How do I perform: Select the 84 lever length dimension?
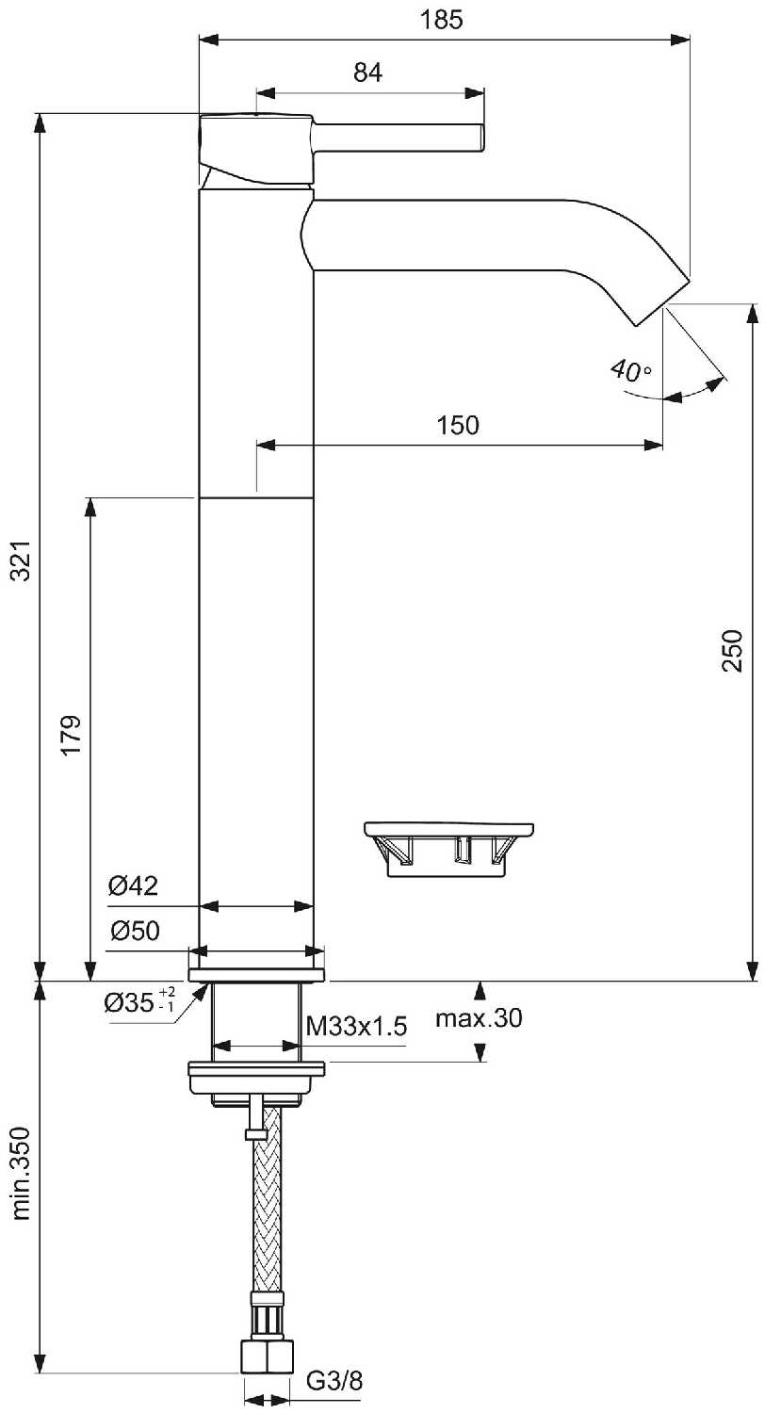[x=368, y=73]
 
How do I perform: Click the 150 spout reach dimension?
[x=459, y=425]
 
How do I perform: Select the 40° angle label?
[x=629, y=369]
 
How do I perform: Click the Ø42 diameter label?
[x=133, y=885]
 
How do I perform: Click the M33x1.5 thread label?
[x=357, y=1027]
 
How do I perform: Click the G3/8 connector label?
[x=334, y=1381]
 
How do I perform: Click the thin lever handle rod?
[x=400, y=138]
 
